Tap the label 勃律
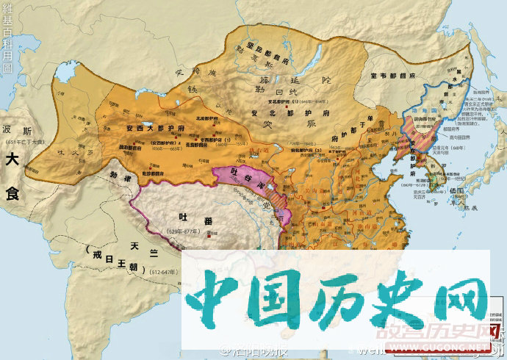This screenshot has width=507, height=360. pos(118,176)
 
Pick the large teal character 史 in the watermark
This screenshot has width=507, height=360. pos(386,302)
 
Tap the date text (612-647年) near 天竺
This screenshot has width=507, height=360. pos(165,271)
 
